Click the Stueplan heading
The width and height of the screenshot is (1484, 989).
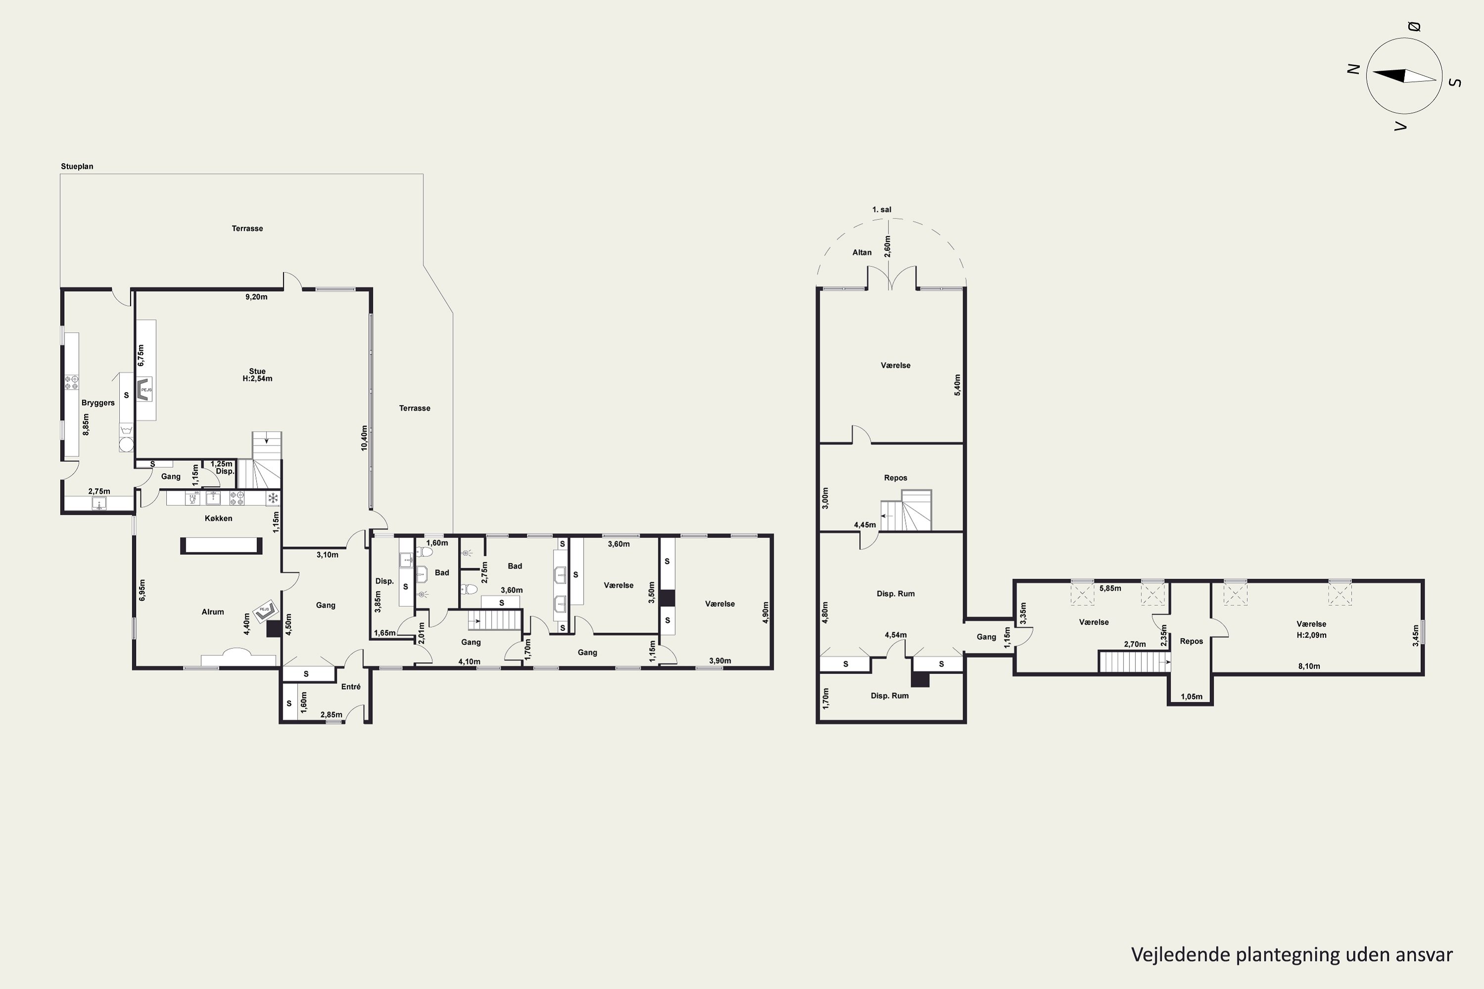[77, 167]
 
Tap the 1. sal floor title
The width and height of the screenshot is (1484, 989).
[881, 209]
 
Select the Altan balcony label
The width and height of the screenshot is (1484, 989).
[862, 252]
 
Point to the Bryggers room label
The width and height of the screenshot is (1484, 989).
[98, 403]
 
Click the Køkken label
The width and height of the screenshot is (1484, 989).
[218, 518]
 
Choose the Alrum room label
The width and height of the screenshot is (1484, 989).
[213, 612]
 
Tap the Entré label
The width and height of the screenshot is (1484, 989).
[351, 686]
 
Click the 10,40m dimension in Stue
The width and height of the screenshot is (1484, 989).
[364, 438]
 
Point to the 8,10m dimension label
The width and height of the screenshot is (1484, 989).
[1309, 666]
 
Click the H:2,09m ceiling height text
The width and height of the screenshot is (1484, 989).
[1311, 635]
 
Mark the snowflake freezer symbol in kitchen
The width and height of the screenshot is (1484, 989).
[273, 498]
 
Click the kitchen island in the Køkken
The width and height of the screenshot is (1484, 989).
[221, 545]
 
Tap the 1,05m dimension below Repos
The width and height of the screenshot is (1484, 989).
[1191, 697]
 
